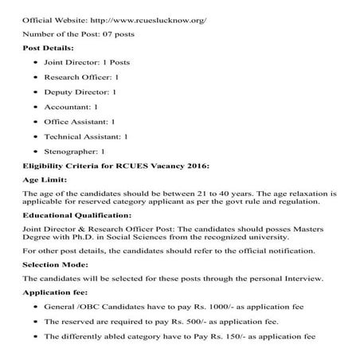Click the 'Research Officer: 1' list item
point(82,77)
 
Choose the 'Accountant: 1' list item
point(72,107)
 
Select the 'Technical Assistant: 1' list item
point(87,136)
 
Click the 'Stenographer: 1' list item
point(76,151)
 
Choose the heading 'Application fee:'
point(53,292)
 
